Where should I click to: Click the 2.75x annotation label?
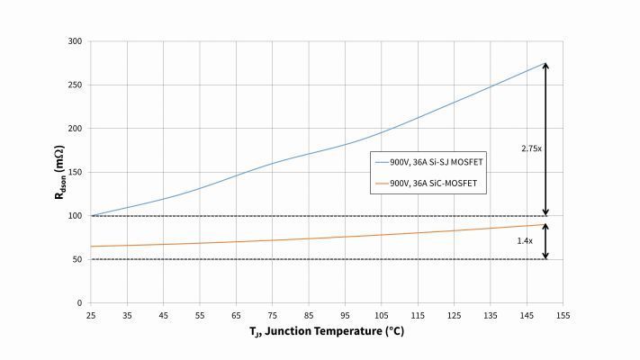[x=531, y=148]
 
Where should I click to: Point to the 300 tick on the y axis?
[x=75, y=41]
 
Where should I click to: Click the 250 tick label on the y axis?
[x=75, y=85]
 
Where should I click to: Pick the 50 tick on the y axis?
[x=77, y=259]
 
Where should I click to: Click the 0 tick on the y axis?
[x=79, y=303]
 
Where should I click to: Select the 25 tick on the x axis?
[x=91, y=315]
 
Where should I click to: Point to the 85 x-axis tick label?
[x=309, y=315]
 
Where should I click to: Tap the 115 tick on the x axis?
[x=418, y=315]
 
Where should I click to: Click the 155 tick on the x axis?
[x=563, y=315]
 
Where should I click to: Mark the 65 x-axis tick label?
[x=236, y=315]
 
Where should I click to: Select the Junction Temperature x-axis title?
[x=327, y=332]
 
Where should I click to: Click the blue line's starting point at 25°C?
[x=91, y=216]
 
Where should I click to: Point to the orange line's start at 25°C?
[x=91, y=247]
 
